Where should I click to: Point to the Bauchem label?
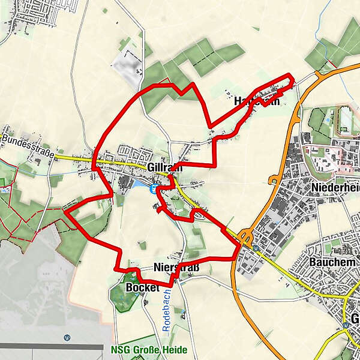[x=333, y=262]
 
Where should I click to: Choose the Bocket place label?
[x=142, y=287]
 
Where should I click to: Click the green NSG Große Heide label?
[x=149, y=350]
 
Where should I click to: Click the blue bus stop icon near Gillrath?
[x=154, y=188]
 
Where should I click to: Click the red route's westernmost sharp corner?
[x=65, y=211]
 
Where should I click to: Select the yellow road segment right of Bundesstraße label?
[x=75, y=158]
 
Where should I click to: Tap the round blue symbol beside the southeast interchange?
[x=256, y=247]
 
